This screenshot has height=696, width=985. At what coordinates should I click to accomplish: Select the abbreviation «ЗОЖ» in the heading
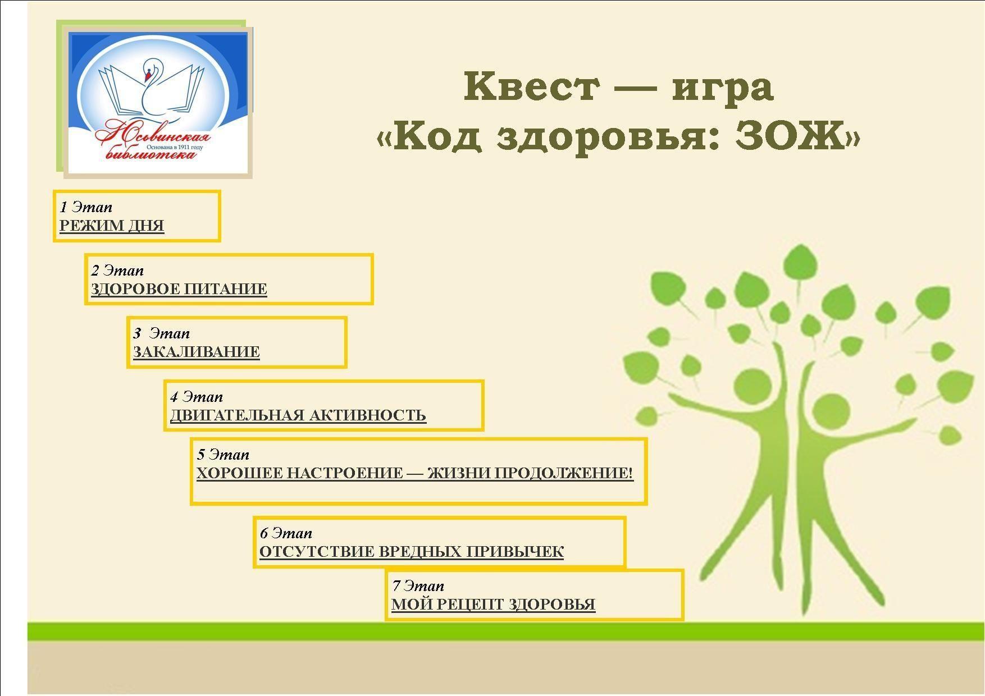click(791, 136)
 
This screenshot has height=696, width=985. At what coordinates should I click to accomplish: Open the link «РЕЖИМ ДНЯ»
click(112, 226)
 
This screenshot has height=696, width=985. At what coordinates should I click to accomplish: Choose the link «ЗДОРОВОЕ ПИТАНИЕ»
click(179, 289)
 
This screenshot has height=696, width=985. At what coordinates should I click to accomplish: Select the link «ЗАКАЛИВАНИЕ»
click(197, 352)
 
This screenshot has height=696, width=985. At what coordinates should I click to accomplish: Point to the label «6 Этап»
click(286, 533)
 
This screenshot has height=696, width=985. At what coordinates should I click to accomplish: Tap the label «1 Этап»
click(86, 207)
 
